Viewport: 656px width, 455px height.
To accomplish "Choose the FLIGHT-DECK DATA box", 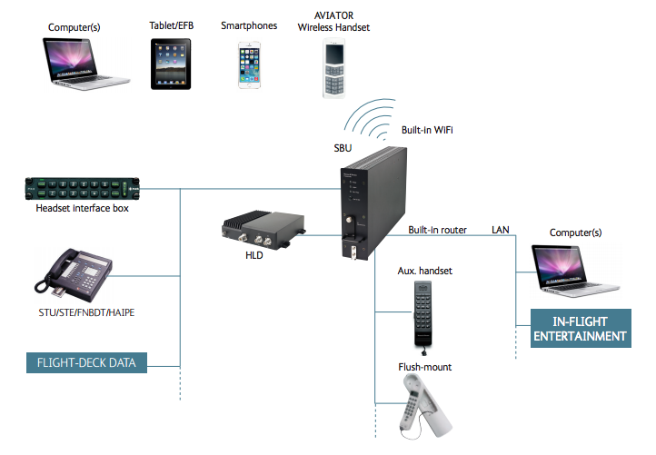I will (x=86, y=363).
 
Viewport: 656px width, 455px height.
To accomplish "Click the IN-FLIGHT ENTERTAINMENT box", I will (x=581, y=329).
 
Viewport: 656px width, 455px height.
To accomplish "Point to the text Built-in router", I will (x=437, y=230).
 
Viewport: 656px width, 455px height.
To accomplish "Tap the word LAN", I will (x=502, y=230).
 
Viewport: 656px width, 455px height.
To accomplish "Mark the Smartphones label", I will (x=248, y=26).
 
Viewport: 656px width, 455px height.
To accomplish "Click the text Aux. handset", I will (x=424, y=272).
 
